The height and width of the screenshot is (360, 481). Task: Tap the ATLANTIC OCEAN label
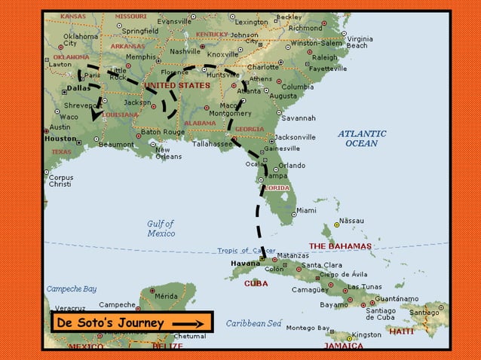coord(361,139)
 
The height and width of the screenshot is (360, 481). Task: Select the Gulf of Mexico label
coord(161,228)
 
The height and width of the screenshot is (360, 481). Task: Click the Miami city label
coord(306,211)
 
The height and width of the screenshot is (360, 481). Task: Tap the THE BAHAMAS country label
coord(340,246)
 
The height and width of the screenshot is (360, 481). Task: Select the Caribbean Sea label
coord(253,323)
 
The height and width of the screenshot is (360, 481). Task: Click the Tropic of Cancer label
coord(247,251)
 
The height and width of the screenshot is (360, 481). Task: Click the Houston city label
coord(60,139)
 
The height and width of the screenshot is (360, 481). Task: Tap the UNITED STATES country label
coord(177,86)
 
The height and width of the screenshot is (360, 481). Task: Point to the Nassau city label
coord(351,221)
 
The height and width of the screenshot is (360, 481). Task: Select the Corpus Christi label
coord(60,181)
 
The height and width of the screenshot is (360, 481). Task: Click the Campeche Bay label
coord(72,288)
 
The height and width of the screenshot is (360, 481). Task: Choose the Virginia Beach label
coord(358,42)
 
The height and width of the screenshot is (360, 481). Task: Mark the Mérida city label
coord(166,297)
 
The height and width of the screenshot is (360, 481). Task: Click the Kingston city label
coord(367,334)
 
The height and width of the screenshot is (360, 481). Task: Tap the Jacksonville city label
coord(296,137)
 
